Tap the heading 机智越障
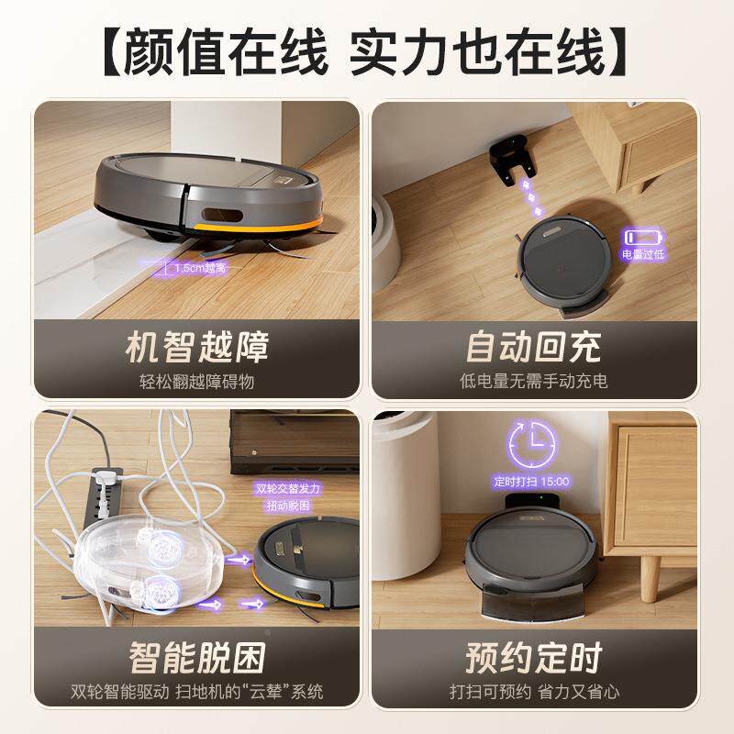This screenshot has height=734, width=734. (196, 349)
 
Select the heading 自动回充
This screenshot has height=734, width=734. (533, 349)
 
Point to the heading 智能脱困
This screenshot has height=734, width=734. (196, 658)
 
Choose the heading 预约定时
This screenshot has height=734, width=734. (533, 658)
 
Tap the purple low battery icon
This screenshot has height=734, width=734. (643, 237)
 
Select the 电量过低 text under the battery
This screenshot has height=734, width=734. (643, 254)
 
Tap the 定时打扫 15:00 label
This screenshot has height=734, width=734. (532, 481)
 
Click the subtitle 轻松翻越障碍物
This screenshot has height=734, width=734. (196, 381)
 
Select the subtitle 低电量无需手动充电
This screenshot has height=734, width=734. (533, 381)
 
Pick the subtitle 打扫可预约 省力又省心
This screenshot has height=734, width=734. (533, 691)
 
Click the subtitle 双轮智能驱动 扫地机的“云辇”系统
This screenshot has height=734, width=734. (196, 691)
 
